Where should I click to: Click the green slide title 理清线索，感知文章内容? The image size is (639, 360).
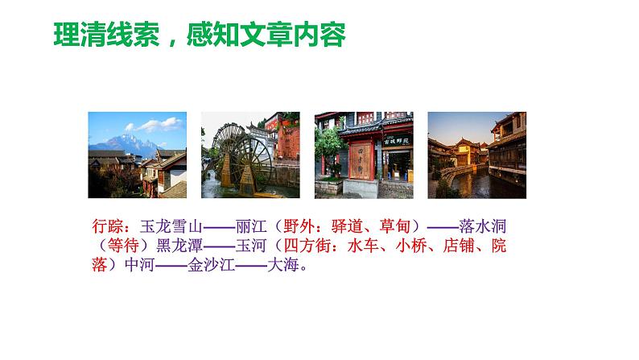(200, 35)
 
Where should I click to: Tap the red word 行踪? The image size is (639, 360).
(108, 226)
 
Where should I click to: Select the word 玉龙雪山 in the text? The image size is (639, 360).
(171, 226)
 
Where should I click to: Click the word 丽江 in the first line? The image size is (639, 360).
(251, 226)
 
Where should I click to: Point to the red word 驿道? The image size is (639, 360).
(347, 226)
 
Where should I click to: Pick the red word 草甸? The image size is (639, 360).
(395, 226)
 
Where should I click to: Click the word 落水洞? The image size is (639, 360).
(483, 226)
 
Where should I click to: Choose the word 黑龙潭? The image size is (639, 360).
(179, 246)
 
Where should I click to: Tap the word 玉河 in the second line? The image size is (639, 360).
(251, 246)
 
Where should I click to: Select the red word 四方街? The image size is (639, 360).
(307, 246)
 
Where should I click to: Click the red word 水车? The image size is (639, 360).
(363, 246)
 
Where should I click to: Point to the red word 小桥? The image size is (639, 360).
(410, 246)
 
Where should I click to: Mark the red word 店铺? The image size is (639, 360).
(459, 246)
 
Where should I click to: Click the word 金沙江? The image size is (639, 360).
(211, 265)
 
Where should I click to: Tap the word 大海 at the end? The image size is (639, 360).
(283, 265)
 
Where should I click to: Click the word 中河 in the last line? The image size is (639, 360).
(140, 265)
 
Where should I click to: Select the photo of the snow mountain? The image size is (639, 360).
(138, 155)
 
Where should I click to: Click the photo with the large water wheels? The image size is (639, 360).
(250, 155)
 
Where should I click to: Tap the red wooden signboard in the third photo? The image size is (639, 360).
(361, 160)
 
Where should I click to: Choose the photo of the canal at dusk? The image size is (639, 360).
(477, 155)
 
